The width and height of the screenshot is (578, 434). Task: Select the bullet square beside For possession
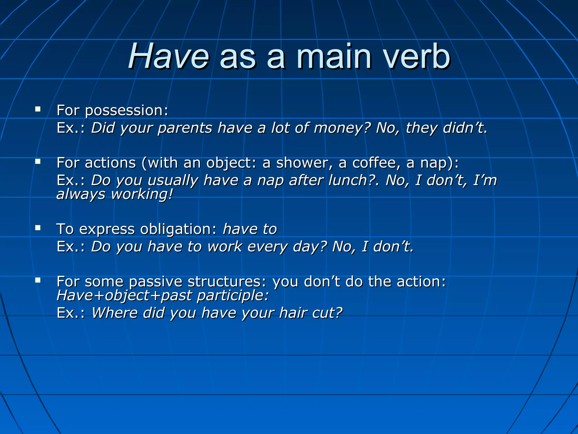tap(38, 109)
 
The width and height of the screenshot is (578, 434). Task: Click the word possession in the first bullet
tap(126, 111)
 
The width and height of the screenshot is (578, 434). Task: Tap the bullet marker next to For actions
tap(38, 162)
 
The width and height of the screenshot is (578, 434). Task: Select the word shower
tap(302, 163)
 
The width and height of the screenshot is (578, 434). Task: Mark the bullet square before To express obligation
tap(38, 228)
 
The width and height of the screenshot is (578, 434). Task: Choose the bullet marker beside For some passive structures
tap(38, 280)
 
